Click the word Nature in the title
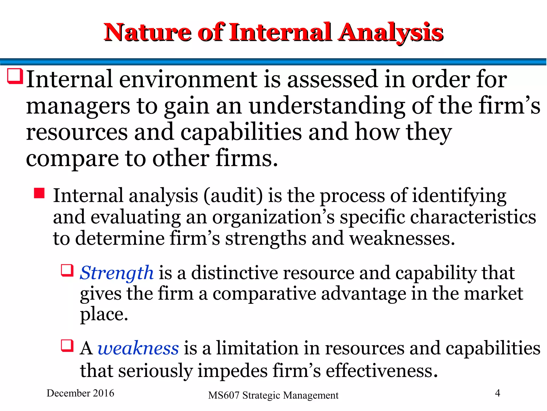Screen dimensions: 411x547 pos(147,33)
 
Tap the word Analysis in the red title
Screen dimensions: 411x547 pos(390,33)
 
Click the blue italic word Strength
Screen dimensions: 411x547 pos(117,273)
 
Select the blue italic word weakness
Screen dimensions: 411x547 pos(138,348)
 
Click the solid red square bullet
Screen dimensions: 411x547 pos(39,193)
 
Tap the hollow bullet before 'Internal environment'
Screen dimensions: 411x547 pos(15,76)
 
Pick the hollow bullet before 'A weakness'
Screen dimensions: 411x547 pos(67,345)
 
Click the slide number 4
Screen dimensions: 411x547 pos(498,393)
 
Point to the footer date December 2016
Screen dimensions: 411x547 pos(80,393)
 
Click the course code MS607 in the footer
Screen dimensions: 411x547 pos(224,395)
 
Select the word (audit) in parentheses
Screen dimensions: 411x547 pos(233,196)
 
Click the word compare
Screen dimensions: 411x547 pos(72,159)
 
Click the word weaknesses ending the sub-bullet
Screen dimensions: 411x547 pos(402,238)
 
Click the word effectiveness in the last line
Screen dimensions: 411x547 pos(382,371)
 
